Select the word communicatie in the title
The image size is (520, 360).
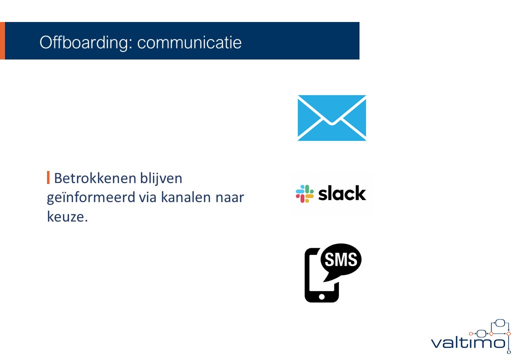[189, 43]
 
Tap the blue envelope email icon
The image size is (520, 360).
[331, 118]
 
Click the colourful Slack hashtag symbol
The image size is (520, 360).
[305, 193]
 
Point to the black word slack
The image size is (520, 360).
[342, 193]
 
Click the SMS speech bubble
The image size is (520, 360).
[341, 260]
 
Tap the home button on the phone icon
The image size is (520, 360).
[321, 296]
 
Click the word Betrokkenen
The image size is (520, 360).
[95, 178]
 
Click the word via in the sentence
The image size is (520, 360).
[147, 197]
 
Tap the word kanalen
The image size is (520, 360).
[186, 197]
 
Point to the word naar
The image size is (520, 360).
[230, 198]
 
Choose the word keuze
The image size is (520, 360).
[67, 217]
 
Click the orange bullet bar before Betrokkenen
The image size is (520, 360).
[48, 177]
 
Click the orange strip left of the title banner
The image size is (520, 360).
[2, 41]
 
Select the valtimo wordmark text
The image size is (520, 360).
[468, 342]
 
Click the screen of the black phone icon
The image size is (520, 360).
[316, 272]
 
